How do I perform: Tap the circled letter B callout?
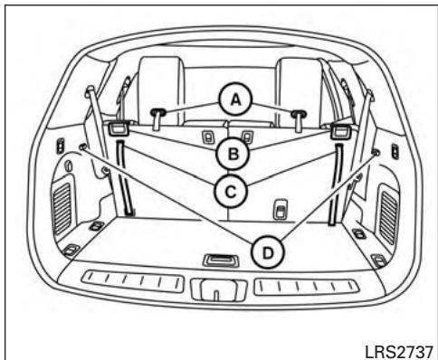[233, 154]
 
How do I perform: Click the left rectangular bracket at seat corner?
[116, 130]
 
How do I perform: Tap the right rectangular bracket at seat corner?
[338, 130]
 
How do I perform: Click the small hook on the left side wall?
[84, 146]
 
